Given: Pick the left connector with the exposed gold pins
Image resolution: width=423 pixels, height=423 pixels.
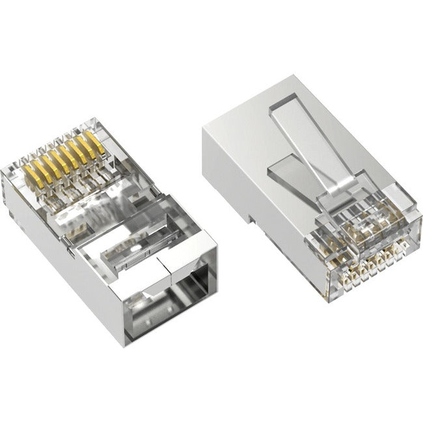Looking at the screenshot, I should (111, 221).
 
